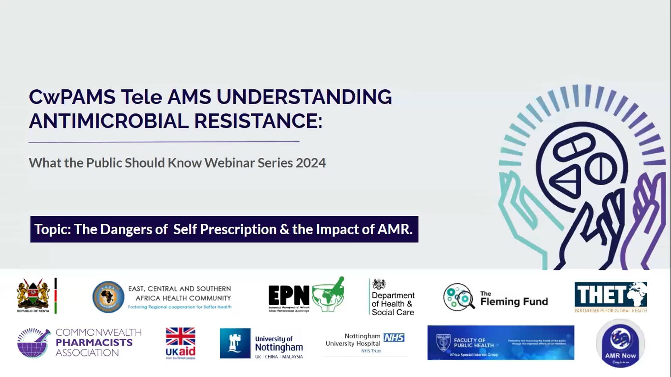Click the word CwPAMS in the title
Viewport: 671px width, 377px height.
point(72,97)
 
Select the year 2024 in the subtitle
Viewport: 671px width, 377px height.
point(310,163)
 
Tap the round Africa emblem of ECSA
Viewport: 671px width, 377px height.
point(108,297)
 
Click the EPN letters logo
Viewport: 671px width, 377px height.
point(289,295)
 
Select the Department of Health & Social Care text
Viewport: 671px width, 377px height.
point(393,304)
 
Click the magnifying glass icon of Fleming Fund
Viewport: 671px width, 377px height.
point(459,297)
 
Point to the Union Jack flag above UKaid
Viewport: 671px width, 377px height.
point(180,336)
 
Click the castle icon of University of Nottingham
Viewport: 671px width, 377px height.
point(235,343)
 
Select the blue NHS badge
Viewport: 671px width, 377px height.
point(394,338)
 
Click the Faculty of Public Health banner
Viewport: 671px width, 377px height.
point(500,343)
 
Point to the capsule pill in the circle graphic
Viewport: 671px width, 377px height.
point(574,146)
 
